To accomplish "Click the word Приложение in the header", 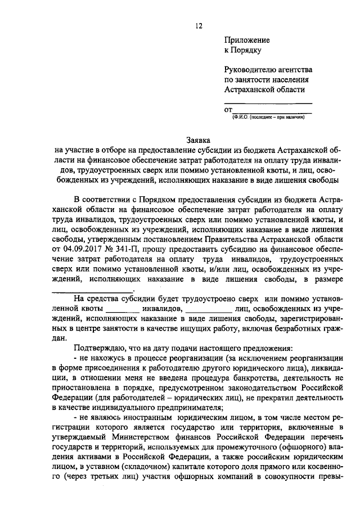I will pyautogui.click(x=247, y=40).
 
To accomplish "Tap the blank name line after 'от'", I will pyautogui.click(x=272, y=110).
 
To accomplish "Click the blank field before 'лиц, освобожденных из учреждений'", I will pyautogui.click(x=208, y=309).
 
